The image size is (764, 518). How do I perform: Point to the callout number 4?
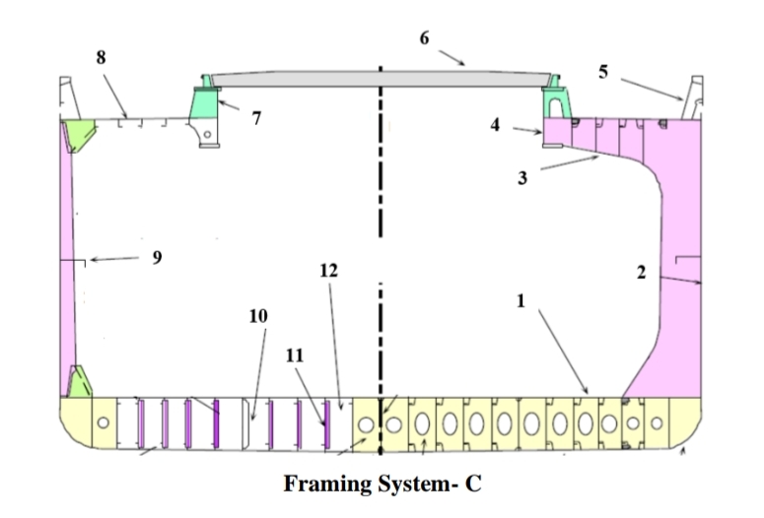coord(496,125)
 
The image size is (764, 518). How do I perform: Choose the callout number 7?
coord(256,118)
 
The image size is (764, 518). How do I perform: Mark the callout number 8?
coord(101,57)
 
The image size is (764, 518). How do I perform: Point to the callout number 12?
coord(329,271)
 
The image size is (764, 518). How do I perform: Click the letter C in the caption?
coord(473,485)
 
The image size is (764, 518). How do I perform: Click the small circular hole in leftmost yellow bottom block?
coord(103,422)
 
